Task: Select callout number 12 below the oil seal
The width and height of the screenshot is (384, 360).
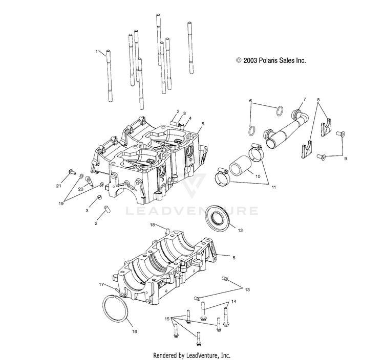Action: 241,231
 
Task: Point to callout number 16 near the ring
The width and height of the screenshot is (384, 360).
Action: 135,331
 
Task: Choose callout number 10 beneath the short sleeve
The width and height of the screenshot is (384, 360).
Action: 257,176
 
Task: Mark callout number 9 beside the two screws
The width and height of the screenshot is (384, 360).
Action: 345,159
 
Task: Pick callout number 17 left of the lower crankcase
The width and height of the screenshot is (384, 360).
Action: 101,284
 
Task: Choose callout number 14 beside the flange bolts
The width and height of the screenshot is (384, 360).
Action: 233,302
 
